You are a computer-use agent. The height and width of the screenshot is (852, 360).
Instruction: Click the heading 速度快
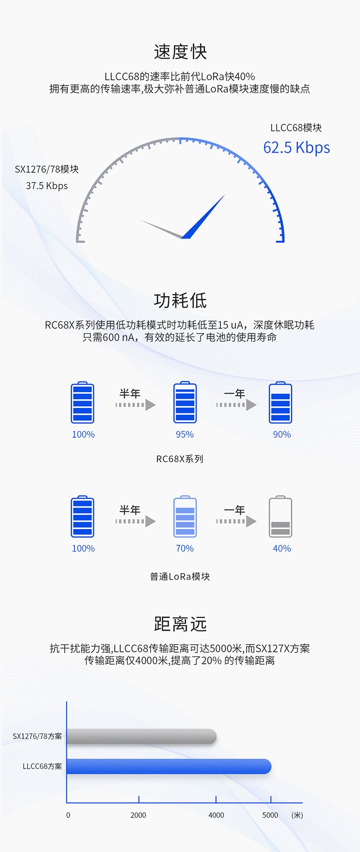[x=180, y=52]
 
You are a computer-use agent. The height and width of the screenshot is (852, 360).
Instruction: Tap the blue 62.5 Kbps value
[x=296, y=147]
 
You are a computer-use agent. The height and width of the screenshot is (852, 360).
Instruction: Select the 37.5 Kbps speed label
[x=47, y=186]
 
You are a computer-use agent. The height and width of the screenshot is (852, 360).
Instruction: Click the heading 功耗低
[x=180, y=300]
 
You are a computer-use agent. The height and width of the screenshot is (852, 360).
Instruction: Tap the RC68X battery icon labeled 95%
[x=185, y=402]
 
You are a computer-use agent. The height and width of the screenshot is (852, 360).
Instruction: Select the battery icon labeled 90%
[x=280, y=402]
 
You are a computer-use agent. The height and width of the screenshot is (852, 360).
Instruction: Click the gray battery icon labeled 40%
[x=280, y=516]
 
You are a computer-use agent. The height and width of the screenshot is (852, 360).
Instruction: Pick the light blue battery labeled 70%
[x=185, y=516]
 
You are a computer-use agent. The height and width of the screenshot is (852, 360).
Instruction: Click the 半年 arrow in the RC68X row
[x=136, y=405]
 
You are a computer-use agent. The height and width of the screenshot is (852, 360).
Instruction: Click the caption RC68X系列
[x=180, y=459]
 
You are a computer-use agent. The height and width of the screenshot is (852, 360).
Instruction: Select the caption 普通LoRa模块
[x=180, y=576]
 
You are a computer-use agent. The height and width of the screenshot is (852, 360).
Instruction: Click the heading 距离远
[x=180, y=624]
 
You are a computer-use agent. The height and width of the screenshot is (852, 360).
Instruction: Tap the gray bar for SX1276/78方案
[x=142, y=736]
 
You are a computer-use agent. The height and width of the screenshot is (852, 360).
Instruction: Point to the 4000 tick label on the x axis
[x=216, y=815]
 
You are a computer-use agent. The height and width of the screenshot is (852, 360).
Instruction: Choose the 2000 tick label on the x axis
[x=138, y=815]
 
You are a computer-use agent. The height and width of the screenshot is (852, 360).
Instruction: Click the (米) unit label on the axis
[x=297, y=815]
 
